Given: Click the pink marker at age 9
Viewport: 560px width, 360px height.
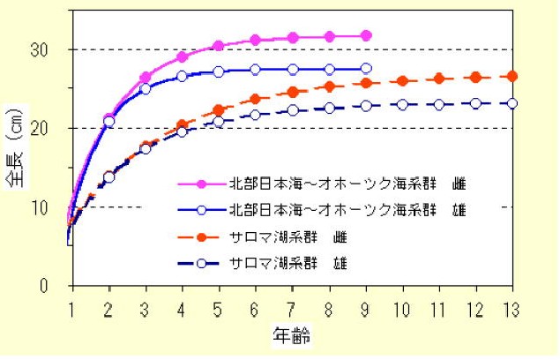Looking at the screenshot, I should pyautogui.click(x=366, y=35).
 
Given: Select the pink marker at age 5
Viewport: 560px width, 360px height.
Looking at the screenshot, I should pyautogui.click(x=219, y=46).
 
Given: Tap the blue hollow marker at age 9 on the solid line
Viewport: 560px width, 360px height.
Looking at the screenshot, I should pyautogui.click(x=366, y=68).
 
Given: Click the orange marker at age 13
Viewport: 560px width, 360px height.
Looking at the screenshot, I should pyautogui.click(x=512, y=76).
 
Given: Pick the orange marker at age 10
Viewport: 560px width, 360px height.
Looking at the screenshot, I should pyautogui.click(x=402, y=81).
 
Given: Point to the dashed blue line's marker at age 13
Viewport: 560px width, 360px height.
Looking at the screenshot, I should pyautogui.click(x=512, y=103).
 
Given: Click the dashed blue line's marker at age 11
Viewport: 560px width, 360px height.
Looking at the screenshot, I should pyautogui.click(x=439, y=104).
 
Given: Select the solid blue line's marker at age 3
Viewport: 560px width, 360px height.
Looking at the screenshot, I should pyautogui.click(x=146, y=89).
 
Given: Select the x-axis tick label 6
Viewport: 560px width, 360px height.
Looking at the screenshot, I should pyautogui.click(x=256, y=309).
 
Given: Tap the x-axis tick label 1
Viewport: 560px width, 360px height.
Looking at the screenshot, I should pyautogui.click(x=71, y=309).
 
